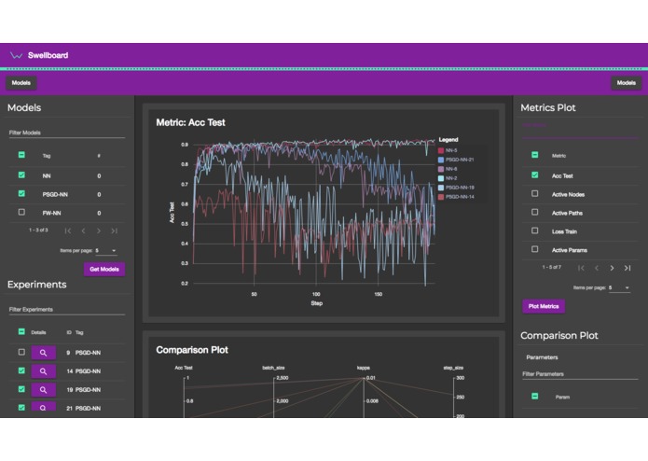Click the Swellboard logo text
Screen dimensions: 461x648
tap(48, 55)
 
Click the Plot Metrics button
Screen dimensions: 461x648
tap(543, 306)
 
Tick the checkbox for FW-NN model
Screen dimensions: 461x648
tap(21, 212)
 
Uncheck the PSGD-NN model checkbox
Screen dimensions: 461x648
tap(21, 193)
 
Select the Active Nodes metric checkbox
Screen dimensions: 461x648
tap(534, 193)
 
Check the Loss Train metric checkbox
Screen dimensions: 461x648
tap(534, 230)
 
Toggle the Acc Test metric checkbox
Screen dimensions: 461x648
tap(534, 175)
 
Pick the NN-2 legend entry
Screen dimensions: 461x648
tap(454, 177)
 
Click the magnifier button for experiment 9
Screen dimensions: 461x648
tap(44, 353)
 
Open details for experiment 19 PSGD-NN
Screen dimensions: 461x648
tap(44, 389)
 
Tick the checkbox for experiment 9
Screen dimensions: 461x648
tap(21, 353)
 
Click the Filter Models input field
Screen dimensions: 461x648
tap(65, 133)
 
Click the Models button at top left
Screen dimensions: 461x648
tap(21, 83)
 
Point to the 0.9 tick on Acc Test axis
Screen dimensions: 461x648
tap(185, 146)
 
